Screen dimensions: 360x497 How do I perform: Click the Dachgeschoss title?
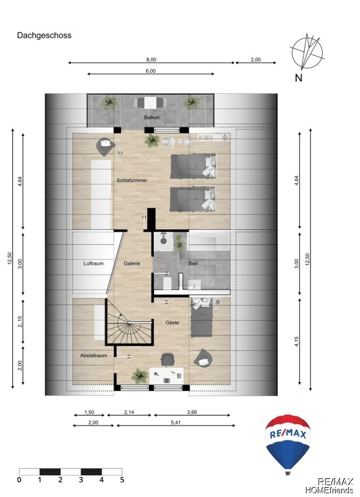(44, 35)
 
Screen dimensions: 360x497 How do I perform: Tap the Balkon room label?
(151, 117)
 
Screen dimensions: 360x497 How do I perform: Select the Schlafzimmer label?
(132, 180)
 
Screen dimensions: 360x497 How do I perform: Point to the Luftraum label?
(93, 263)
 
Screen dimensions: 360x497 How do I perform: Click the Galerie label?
(132, 263)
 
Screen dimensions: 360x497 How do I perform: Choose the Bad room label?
(193, 263)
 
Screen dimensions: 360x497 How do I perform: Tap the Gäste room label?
(173, 322)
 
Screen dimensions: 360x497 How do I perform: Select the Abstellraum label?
(93, 355)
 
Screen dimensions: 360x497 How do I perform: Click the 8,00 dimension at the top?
(151, 60)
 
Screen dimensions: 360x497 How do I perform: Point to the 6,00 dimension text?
(151, 71)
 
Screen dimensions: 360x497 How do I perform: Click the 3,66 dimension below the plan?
(192, 413)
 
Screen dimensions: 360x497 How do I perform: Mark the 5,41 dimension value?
(176, 422)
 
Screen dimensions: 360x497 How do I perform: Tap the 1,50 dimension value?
(89, 413)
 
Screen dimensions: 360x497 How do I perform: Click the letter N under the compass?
(299, 78)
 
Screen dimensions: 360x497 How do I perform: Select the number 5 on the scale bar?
(122, 480)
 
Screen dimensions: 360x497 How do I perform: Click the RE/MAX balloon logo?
(287, 444)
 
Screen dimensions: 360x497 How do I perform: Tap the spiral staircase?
(130, 322)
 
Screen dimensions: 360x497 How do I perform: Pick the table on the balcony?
(150, 103)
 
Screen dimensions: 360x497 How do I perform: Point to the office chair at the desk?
(168, 360)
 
